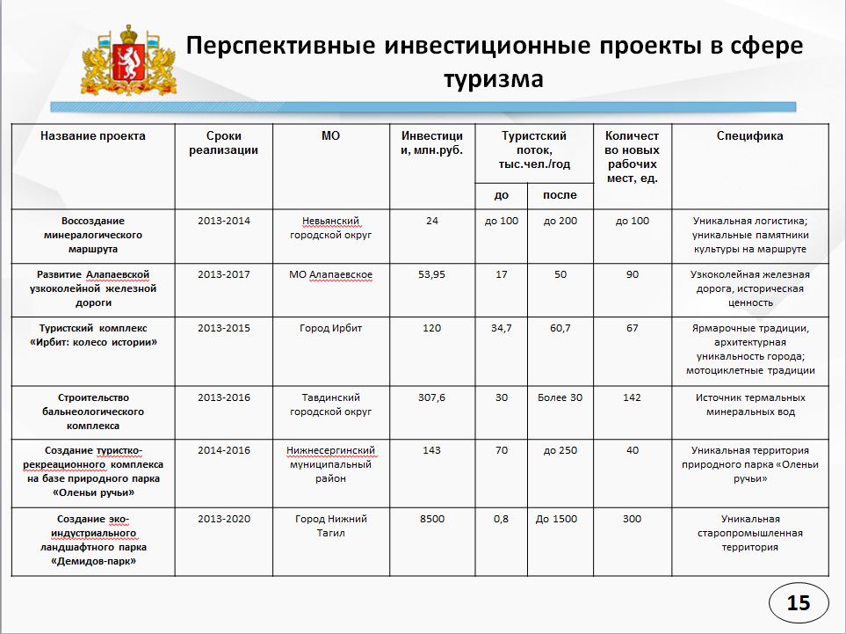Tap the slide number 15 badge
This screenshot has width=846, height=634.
(798, 602)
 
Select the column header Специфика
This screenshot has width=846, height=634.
(749, 136)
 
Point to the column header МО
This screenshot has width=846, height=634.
(330, 136)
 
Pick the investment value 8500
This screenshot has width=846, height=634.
(431, 519)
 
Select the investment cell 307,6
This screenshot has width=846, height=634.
(431, 397)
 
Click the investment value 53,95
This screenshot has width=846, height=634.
(431, 274)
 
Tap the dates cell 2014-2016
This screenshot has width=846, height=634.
(224, 450)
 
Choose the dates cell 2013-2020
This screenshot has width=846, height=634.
(224, 519)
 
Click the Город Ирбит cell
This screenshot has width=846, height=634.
(330, 328)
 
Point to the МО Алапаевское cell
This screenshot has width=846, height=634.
(330, 274)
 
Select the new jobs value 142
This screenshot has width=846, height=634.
(633, 397)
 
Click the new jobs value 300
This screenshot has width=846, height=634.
(633, 519)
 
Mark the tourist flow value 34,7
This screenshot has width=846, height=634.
(501, 328)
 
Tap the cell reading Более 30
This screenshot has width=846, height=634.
(560, 397)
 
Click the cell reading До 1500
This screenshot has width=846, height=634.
(560, 519)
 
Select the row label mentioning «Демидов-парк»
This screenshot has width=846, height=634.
(93, 540)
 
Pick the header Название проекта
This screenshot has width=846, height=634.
(93, 136)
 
